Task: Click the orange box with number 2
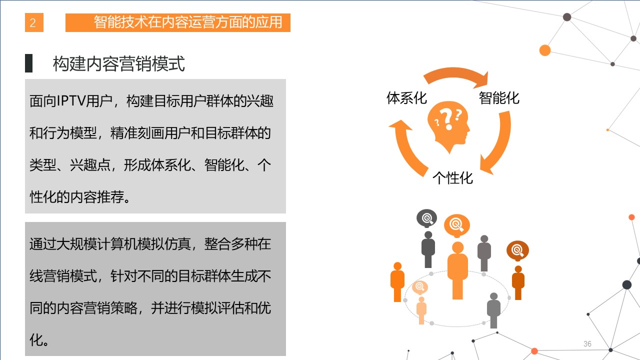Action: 34,22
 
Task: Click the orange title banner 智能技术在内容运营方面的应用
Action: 177,22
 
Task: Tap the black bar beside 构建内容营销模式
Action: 28,63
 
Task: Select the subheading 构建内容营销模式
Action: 119,63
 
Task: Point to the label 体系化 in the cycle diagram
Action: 406,98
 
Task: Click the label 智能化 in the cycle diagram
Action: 499,98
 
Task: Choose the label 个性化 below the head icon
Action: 452,178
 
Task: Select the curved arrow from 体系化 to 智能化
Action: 454,73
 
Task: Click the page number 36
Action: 587,343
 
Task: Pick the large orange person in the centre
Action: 457,270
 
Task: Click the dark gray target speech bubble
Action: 426,218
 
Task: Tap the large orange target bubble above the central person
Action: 456,225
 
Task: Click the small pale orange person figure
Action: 421,310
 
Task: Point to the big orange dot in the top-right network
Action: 545,50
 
